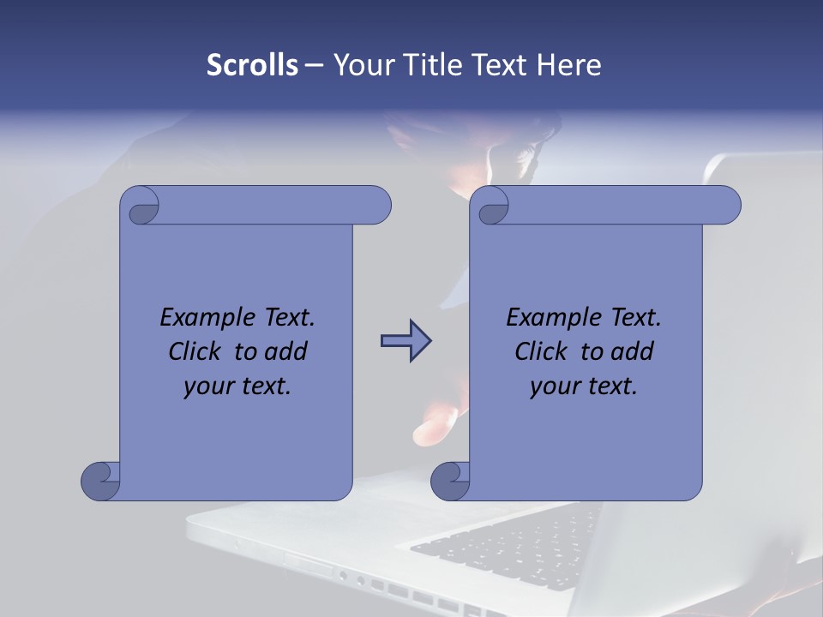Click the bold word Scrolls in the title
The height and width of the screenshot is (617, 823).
pos(252,64)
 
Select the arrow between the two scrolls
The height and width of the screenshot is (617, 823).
pos(405,341)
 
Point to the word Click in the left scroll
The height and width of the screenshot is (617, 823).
pos(197,351)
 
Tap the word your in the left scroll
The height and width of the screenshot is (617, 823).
pos(206,387)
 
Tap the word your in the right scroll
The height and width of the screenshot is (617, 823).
pos(552,387)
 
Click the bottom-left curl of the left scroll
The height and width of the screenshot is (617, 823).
pos(99,481)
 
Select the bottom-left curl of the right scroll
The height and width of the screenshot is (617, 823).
pos(449,481)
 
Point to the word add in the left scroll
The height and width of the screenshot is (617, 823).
pos(286,351)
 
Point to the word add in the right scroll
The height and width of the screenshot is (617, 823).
pos(633,351)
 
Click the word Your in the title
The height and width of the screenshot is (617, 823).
pos(360,64)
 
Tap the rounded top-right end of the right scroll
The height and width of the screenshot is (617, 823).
pos(724,206)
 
